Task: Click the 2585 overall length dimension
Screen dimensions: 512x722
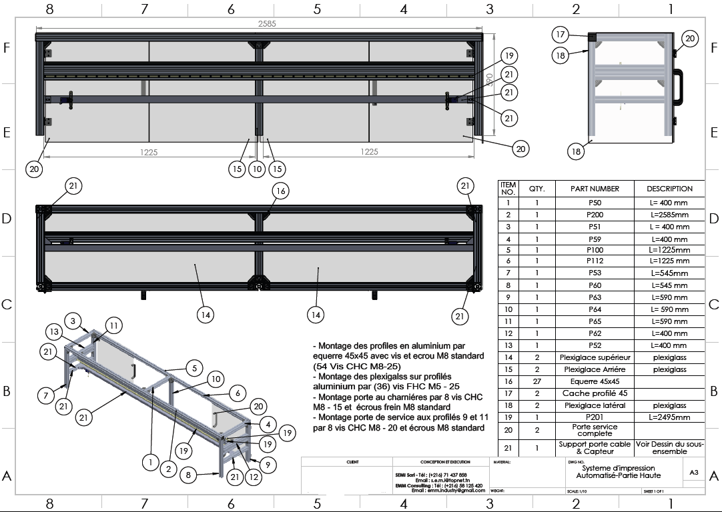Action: pyautogui.click(x=266, y=23)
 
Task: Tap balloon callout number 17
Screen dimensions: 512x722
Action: pyautogui.click(x=561, y=34)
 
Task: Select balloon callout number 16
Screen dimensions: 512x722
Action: pyautogui.click(x=280, y=191)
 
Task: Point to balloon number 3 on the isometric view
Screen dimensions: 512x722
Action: pyautogui.click(x=74, y=320)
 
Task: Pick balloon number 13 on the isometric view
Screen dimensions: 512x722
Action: pyautogui.click(x=55, y=332)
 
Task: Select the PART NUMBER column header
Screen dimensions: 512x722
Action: pyautogui.click(x=595, y=189)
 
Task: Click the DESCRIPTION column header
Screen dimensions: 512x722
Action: pyautogui.click(x=669, y=189)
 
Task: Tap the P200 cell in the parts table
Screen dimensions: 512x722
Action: pyautogui.click(x=595, y=215)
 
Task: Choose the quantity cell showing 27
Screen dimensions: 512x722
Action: pyautogui.click(x=536, y=381)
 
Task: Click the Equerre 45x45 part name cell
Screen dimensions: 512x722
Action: pyautogui.click(x=595, y=381)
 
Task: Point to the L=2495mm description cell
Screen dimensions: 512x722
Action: pyautogui.click(x=669, y=417)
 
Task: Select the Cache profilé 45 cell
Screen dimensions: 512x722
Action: pyautogui.click(x=595, y=393)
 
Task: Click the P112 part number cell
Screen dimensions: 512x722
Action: pyautogui.click(x=595, y=261)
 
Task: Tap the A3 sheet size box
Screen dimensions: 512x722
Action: pyautogui.click(x=694, y=472)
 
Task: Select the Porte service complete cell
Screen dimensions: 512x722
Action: pyautogui.click(x=595, y=430)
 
